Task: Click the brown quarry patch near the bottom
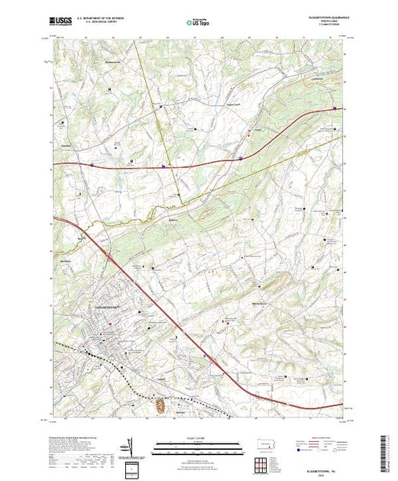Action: pos(160,408)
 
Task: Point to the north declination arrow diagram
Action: pos(131,446)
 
